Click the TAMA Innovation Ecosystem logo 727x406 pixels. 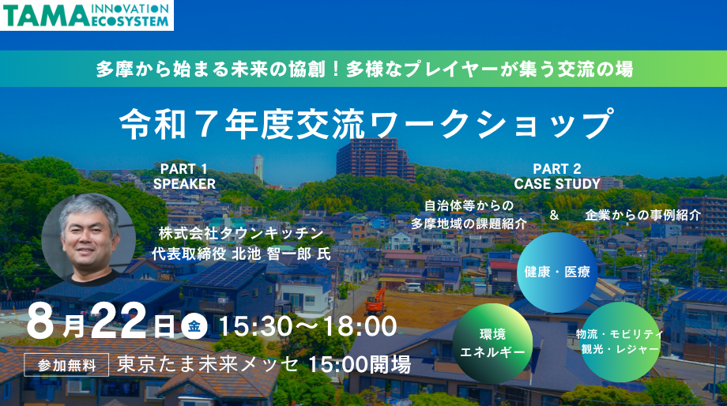tap(86, 15)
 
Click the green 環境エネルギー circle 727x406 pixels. tap(492, 343)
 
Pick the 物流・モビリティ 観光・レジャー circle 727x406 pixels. tap(619, 341)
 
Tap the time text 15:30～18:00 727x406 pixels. tap(307, 325)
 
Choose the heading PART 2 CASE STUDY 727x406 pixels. tap(557, 176)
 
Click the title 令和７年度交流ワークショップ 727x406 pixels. tap(365, 122)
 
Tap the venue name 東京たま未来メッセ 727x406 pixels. tap(209, 365)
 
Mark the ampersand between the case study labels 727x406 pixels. tap(554, 215)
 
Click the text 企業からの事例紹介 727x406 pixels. tap(642, 215)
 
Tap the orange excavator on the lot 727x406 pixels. tap(375, 299)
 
